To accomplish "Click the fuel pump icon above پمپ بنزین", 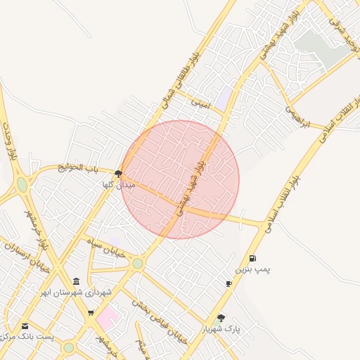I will (252, 258).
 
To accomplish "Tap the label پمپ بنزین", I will (252, 270).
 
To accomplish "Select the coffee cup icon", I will (229, 283).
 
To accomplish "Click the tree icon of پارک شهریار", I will (221, 318).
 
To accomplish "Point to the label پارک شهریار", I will (221, 329).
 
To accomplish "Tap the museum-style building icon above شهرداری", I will (76, 282).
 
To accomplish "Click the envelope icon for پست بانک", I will (25, 326).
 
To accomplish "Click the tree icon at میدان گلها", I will (118, 173).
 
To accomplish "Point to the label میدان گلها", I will (118, 184).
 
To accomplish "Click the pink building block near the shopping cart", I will (107, 316).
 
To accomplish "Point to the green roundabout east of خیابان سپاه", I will (138, 263).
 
